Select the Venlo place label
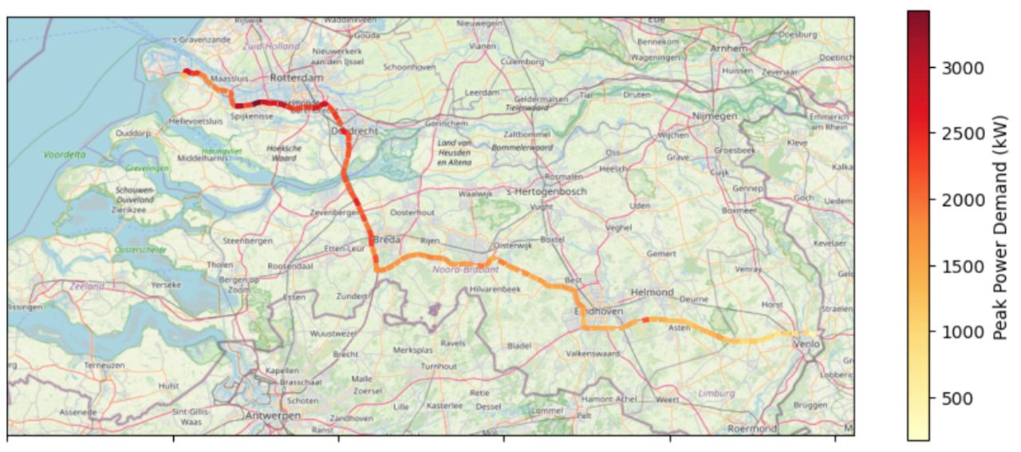tap(806, 343)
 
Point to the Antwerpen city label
tap(274, 416)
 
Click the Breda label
tap(387, 240)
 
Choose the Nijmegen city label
tap(715, 116)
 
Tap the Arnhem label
tap(727, 49)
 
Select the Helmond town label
tap(652, 292)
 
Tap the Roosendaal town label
tap(290, 266)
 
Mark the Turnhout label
tap(440, 366)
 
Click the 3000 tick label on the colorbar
tap(962, 69)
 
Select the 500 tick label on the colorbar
tap(957, 398)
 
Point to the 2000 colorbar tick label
tap(962, 200)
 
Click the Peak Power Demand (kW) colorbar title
tap(1001, 227)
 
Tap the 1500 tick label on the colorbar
tap(962, 267)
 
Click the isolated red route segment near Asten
tap(645, 320)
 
